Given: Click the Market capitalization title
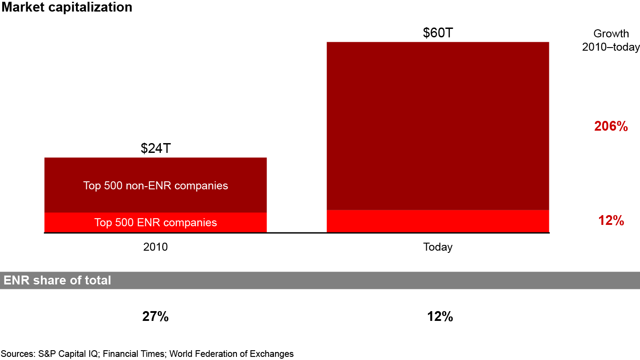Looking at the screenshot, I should tap(66, 8).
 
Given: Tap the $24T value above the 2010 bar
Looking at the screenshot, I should tap(156, 148).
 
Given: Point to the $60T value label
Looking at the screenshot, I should tap(438, 33).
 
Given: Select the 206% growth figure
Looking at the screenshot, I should tap(611, 127).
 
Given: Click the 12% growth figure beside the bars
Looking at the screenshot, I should tap(611, 220).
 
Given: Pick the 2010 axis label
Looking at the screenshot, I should tap(156, 247).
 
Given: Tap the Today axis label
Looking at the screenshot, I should tap(438, 247).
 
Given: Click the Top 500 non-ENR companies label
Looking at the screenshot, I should tap(156, 185).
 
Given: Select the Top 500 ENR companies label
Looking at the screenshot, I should tap(156, 222).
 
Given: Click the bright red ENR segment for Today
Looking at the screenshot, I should tap(438, 221).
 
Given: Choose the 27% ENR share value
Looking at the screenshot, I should tap(156, 317).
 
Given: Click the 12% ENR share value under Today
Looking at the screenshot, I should tap(440, 317).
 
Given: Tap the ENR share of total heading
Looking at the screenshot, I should tap(57, 280).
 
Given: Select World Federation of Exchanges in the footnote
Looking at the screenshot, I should tap(232, 354).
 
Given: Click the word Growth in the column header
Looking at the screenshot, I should tap(611, 34).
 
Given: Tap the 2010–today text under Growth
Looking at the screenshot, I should tap(611, 47).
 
